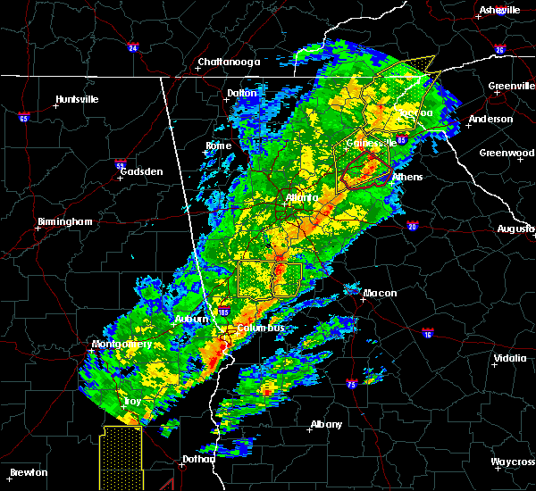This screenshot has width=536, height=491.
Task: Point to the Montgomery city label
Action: [x=122, y=345]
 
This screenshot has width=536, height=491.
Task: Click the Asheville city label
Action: [x=499, y=10]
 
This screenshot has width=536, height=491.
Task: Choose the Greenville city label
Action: [x=511, y=87]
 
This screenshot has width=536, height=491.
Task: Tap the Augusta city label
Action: [x=515, y=229]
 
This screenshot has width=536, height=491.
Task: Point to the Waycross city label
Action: [x=512, y=462]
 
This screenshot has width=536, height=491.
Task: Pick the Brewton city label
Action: [x=29, y=472]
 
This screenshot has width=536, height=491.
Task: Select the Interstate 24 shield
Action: [x=133, y=47]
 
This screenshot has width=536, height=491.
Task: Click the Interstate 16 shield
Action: [x=428, y=333]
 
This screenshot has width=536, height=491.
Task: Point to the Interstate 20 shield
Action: [x=414, y=227]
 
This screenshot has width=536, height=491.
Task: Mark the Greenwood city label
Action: [x=507, y=153]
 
